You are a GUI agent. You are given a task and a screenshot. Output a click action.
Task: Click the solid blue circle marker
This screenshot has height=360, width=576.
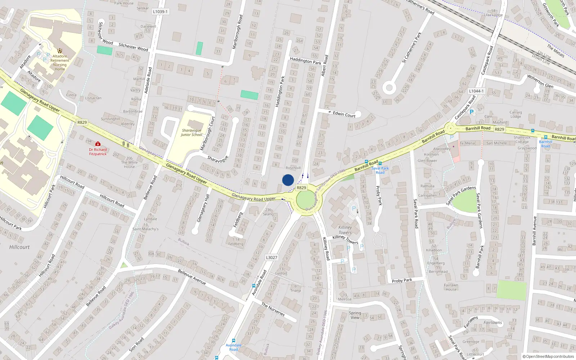click(288, 180)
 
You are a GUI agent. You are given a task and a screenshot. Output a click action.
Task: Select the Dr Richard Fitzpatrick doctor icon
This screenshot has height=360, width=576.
click(98, 144)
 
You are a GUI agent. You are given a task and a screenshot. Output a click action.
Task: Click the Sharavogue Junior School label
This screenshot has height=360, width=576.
click(192, 132)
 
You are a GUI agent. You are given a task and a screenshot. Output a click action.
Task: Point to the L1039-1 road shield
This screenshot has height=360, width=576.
click(160, 12)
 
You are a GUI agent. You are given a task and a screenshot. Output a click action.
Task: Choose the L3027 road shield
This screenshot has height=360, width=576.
click(271, 257)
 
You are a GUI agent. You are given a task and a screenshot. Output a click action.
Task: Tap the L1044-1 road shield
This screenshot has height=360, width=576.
click(476, 91)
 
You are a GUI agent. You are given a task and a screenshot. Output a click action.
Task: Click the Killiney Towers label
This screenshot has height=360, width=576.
click(345, 230)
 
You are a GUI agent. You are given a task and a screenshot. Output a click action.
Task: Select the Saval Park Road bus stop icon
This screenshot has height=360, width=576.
click(380, 163)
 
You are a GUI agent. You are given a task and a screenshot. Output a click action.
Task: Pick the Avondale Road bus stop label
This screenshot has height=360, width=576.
click(234, 347)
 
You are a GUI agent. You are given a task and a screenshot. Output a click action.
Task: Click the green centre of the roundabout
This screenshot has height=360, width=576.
click(306, 200)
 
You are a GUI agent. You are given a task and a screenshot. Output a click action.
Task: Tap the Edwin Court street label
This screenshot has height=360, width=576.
click(344, 114)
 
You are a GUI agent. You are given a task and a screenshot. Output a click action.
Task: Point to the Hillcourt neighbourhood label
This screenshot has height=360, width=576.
click(19, 247)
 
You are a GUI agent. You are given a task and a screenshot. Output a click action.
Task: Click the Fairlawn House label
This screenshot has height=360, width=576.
click(451, 287)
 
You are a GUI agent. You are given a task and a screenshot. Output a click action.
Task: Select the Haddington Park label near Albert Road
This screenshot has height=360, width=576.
click(306, 61)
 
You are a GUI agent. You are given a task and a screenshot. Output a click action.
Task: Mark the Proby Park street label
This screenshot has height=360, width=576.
click(402, 280)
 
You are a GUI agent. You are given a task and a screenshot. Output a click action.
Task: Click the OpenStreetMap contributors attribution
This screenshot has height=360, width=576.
click(550, 356)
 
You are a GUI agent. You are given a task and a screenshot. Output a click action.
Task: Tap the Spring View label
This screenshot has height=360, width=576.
click(355, 315)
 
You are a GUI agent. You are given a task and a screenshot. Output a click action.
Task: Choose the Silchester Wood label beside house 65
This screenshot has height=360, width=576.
click(133, 47)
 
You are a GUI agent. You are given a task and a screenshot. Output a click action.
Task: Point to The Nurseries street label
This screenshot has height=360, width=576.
click(273, 309)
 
